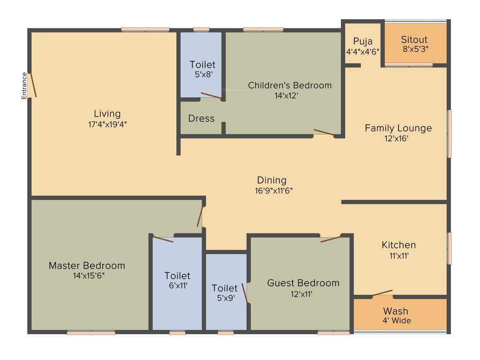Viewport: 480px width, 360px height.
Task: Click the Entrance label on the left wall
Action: tap(24, 86)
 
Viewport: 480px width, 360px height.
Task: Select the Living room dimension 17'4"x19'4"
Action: tap(107, 125)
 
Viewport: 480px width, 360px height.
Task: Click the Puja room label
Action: tap(363, 41)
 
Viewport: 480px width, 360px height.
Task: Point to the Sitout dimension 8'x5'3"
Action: tap(415, 49)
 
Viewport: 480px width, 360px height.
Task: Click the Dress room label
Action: tap(201, 119)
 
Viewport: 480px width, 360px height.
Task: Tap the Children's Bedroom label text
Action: tap(290, 85)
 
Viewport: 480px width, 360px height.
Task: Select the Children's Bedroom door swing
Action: tap(324, 132)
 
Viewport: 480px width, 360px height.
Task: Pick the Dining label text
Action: tap(271, 180)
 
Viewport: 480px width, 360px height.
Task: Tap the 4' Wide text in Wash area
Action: tap(397, 321)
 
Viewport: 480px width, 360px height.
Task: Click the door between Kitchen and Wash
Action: tap(382, 293)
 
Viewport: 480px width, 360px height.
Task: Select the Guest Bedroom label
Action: tap(303, 283)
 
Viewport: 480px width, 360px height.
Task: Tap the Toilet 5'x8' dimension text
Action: tap(202, 74)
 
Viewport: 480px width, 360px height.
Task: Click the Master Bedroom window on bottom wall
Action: tap(91, 333)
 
